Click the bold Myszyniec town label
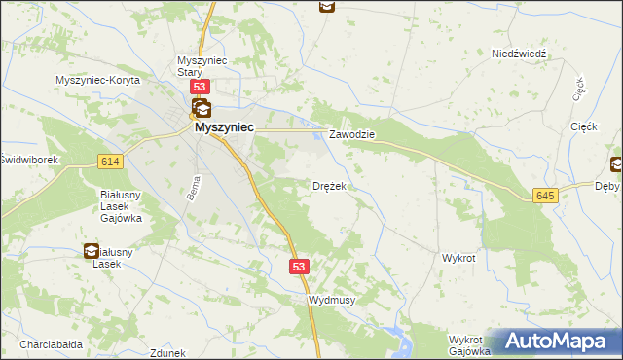point(224,126)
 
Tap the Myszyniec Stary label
point(202,66)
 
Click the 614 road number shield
point(109,162)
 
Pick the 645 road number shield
point(546,197)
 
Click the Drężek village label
point(329,185)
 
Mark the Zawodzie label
point(351,134)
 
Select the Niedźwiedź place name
point(521,54)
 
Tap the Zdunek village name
point(168,353)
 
